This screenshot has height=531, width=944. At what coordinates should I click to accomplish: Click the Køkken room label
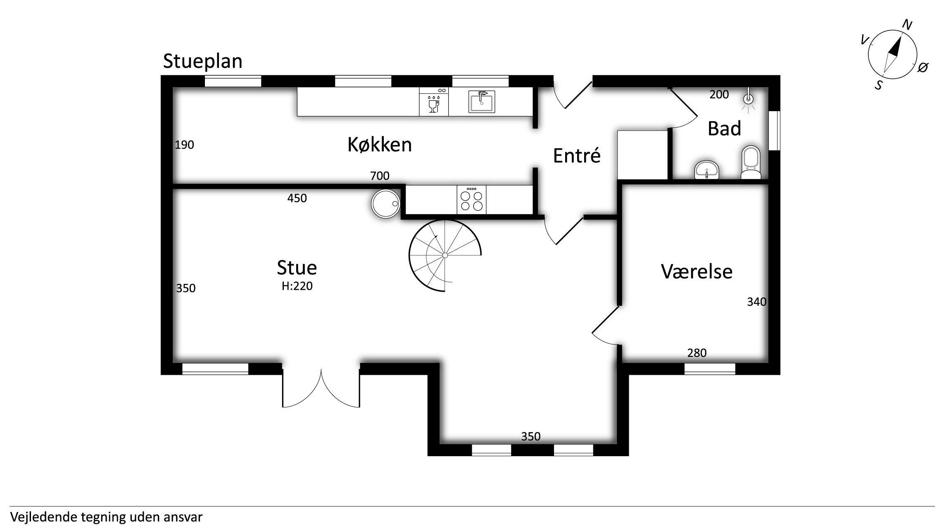click(x=380, y=145)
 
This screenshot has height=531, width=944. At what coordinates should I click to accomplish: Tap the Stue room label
click(x=297, y=267)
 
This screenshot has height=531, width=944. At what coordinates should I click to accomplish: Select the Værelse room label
click(x=697, y=271)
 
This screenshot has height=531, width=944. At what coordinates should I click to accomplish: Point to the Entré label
click(x=577, y=155)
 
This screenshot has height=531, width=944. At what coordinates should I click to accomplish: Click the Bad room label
click(x=724, y=129)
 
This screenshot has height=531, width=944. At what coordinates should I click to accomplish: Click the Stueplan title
click(x=202, y=61)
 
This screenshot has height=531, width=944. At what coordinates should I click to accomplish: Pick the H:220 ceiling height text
click(x=297, y=286)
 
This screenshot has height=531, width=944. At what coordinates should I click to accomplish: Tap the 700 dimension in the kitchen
click(x=380, y=176)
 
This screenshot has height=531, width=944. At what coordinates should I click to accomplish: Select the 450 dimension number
click(x=297, y=198)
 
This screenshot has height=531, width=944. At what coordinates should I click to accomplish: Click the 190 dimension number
click(x=184, y=145)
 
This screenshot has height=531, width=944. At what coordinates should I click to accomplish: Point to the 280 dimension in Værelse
click(x=697, y=353)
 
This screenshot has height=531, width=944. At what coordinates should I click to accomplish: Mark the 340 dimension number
click(x=757, y=302)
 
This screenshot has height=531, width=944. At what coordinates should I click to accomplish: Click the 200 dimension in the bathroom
click(x=719, y=95)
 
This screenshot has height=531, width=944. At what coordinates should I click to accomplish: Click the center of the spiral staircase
click(x=445, y=255)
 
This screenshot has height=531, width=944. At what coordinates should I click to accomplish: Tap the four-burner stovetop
click(x=471, y=200)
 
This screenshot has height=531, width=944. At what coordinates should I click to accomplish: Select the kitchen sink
click(x=482, y=102)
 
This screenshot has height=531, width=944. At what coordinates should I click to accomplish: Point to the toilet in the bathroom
click(x=751, y=162)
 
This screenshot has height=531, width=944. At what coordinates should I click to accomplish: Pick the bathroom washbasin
click(x=707, y=170)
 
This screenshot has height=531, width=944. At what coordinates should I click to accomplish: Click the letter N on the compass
click(x=907, y=25)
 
